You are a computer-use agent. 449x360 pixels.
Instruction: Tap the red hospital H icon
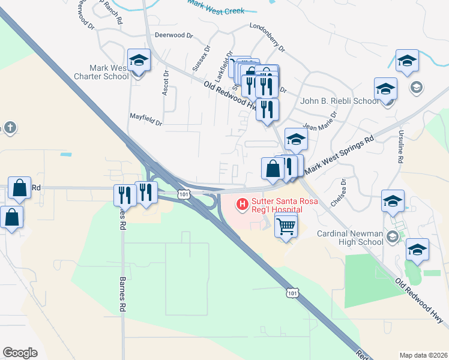243,205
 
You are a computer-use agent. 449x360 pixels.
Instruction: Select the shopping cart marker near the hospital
286,227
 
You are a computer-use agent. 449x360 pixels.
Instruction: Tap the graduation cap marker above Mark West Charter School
139,61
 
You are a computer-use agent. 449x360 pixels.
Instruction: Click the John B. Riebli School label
340,101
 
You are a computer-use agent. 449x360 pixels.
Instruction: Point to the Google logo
20,353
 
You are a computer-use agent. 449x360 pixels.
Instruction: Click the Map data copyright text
423,355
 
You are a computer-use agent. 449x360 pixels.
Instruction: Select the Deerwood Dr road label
173,35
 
